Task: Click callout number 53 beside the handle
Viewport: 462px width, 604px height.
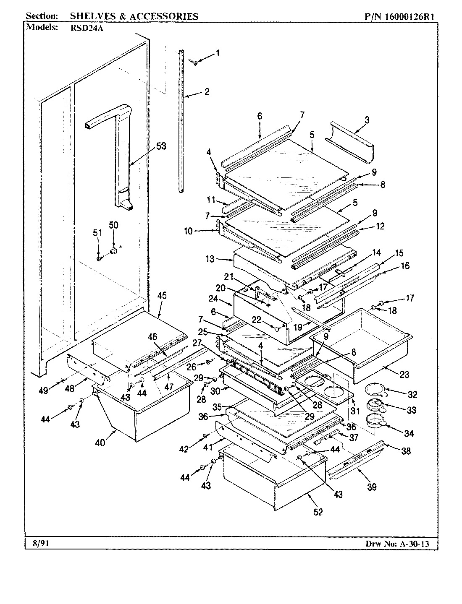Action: pyautogui.click(x=161, y=146)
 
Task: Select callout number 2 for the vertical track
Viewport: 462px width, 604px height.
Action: pyautogui.click(x=206, y=91)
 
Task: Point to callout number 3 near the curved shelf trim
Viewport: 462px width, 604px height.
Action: pyautogui.click(x=367, y=120)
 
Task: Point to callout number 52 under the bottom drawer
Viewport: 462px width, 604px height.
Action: pyautogui.click(x=319, y=512)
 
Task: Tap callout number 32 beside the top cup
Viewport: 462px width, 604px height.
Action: pyautogui.click(x=412, y=394)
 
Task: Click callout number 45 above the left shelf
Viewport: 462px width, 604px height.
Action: pyautogui.click(x=162, y=295)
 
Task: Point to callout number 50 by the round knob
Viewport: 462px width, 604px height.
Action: pyautogui.click(x=113, y=225)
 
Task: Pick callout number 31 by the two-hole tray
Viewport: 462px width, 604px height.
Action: pyautogui.click(x=355, y=410)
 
